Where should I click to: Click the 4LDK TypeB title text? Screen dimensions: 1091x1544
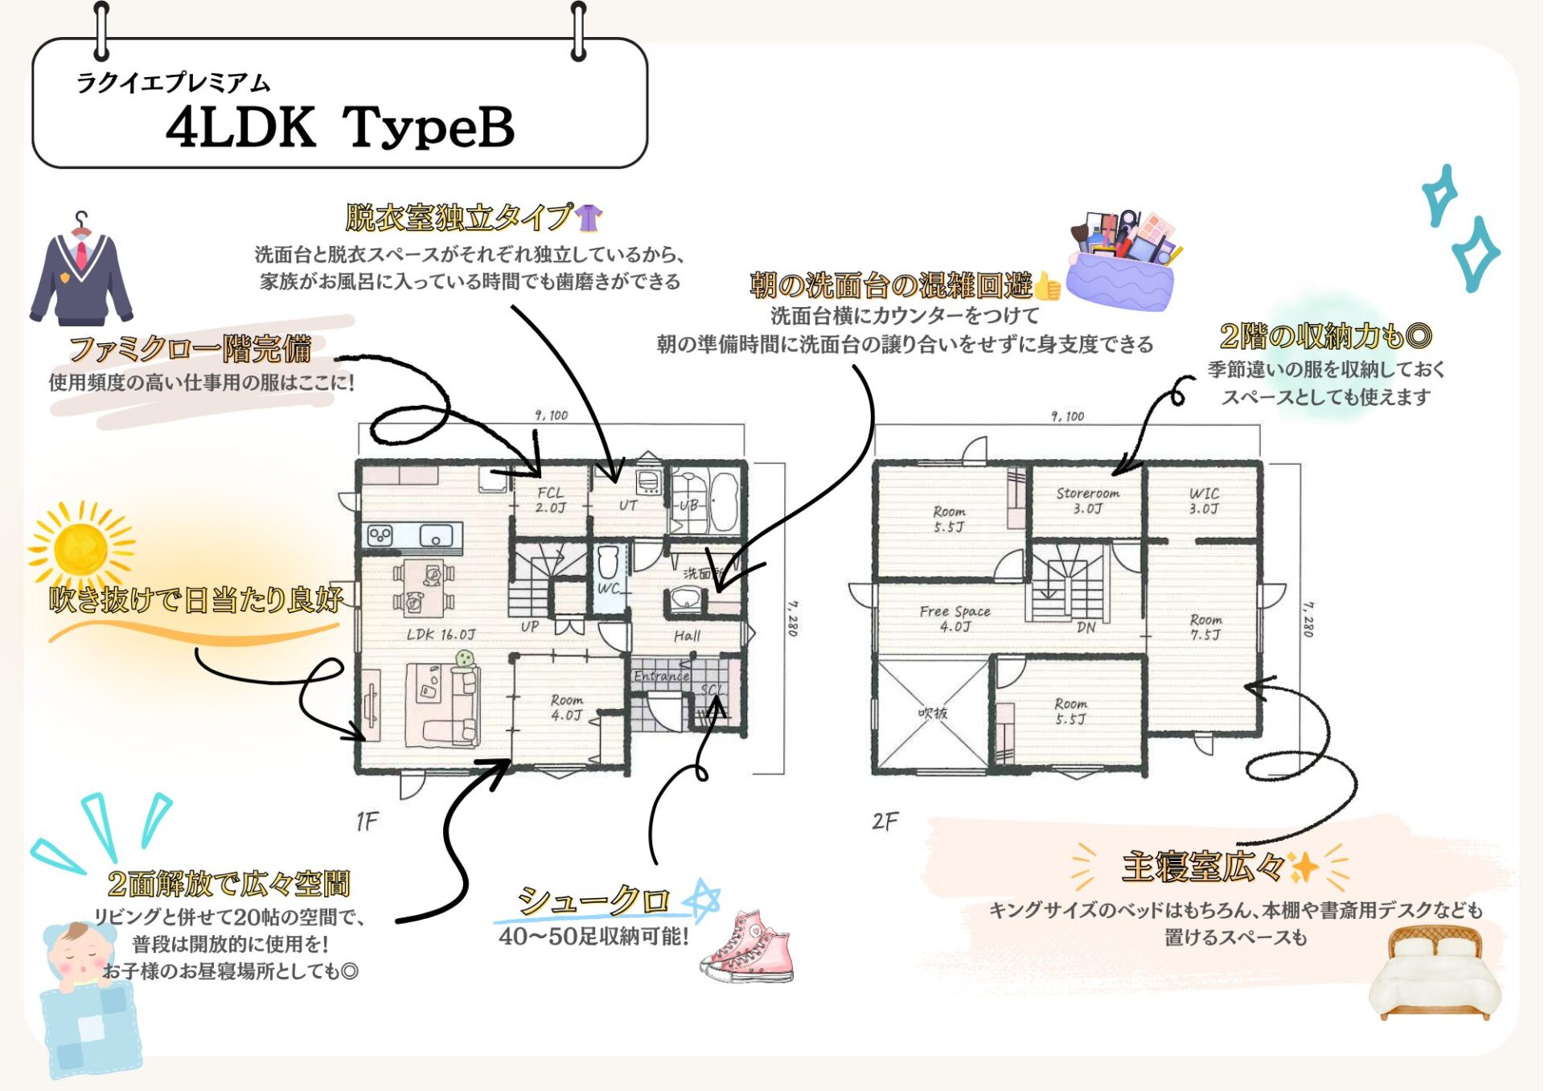339,127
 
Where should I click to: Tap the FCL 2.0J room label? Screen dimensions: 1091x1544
551,500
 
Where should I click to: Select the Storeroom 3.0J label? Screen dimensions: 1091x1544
1087,500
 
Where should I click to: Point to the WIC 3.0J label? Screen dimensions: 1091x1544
1204,500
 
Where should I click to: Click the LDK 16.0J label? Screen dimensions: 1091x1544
441,634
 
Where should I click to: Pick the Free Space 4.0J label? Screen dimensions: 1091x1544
955,618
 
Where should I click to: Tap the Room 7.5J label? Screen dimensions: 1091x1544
1205,626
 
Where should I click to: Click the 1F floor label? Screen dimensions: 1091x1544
367,821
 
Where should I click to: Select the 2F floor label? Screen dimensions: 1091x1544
885,821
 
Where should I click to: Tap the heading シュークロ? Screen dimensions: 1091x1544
593,899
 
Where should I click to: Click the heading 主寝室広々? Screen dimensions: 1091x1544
1203,867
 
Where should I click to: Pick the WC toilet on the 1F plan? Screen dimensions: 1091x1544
609,563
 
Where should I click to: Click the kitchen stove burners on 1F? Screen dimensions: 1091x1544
380,535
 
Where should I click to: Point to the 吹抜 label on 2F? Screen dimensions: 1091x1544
933,713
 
